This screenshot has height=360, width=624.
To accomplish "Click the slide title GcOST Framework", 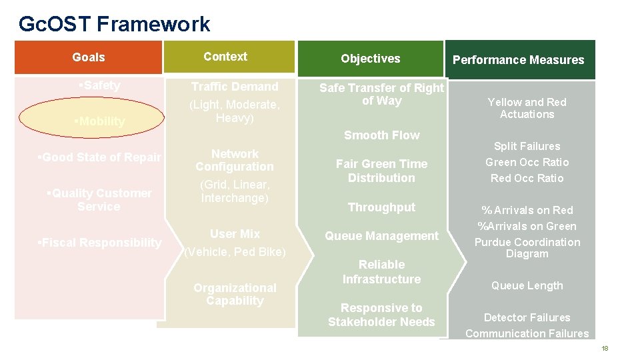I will pos(114,24).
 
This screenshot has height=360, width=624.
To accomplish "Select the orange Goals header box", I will pos(89,57).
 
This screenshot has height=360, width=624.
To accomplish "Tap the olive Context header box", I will pos(225,57).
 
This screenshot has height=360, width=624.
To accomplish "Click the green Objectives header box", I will pos(370,59).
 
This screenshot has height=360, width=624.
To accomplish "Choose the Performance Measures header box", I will pos(518,60).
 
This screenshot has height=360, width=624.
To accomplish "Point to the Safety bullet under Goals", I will pos(99,85).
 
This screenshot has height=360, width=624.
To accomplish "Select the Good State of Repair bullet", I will pos(99,157).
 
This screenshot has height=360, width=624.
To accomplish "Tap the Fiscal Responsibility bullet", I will pos(99,243).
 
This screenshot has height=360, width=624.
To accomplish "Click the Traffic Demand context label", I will pos(235,87).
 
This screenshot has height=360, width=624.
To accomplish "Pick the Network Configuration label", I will pos(235,160).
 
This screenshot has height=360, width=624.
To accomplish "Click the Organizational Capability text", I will pos(235,294).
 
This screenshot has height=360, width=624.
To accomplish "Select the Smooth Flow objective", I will pos(381,135).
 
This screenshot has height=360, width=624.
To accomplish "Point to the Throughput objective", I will pos(381,207).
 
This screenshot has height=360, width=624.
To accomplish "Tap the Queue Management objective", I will pos(381,236).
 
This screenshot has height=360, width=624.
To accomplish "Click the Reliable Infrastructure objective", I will pos(381,272).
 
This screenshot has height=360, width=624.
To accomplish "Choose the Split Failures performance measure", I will pos(527,146).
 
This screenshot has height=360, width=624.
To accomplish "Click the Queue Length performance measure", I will pos(527,285).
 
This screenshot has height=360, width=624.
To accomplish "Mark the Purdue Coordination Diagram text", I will pos(527,248).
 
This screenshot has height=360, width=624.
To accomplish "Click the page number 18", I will pos(605,349).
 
